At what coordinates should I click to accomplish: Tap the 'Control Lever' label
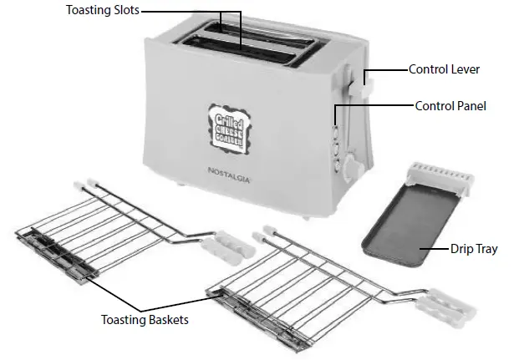point(444,69)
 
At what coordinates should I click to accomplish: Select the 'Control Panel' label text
point(450,106)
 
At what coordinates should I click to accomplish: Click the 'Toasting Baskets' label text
point(144,319)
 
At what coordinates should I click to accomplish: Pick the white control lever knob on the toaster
point(366,82)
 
